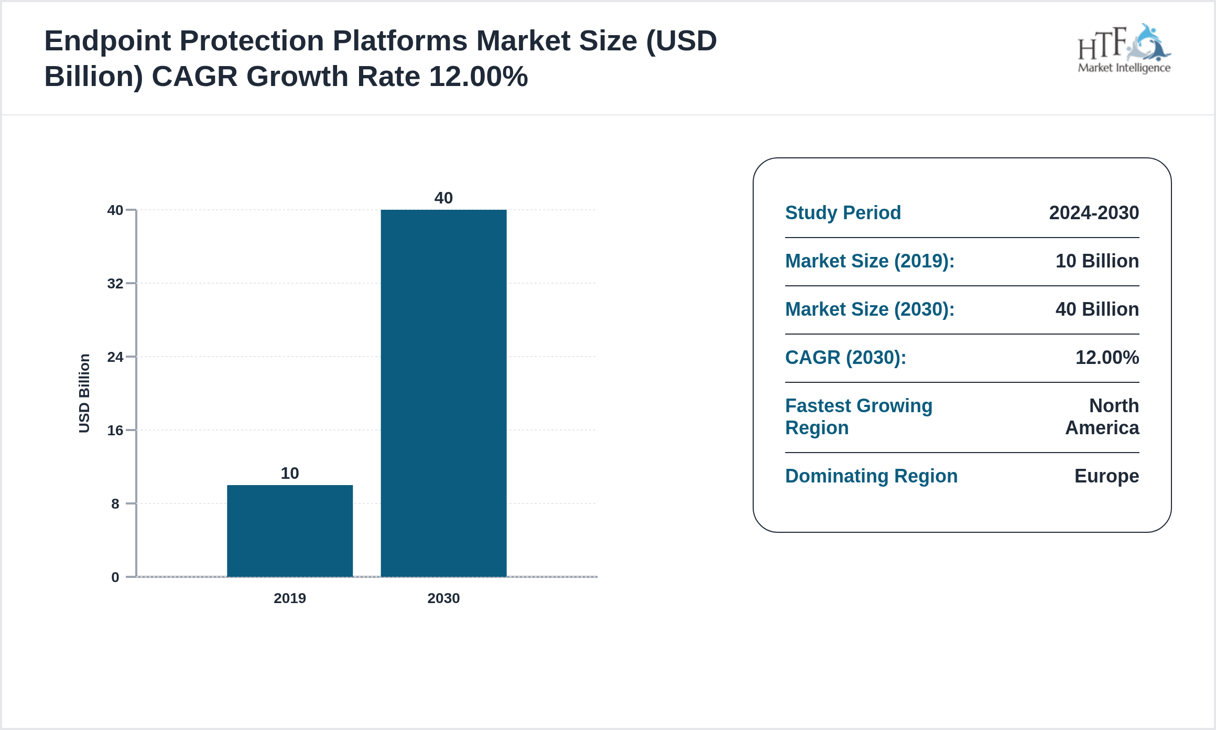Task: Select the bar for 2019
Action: click(290, 531)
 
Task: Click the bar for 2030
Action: click(443, 393)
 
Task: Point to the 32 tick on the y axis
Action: click(115, 284)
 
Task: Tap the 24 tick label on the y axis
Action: click(115, 357)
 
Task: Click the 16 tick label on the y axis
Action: click(115, 431)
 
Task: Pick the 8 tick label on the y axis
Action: click(115, 504)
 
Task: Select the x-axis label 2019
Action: click(290, 598)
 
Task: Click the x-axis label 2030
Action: click(443, 598)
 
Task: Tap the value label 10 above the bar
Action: click(290, 474)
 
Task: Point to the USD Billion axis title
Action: click(84, 393)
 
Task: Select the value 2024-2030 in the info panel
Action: click(1094, 213)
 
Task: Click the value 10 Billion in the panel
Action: click(1097, 261)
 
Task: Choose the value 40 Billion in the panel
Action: click(1097, 309)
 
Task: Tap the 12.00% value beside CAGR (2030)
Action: click(1107, 358)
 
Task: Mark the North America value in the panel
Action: click(1103, 417)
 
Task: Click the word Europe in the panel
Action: click(1106, 476)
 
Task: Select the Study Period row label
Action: click(843, 213)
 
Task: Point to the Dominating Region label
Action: click(871, 476)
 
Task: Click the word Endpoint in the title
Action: click(107, 41)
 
